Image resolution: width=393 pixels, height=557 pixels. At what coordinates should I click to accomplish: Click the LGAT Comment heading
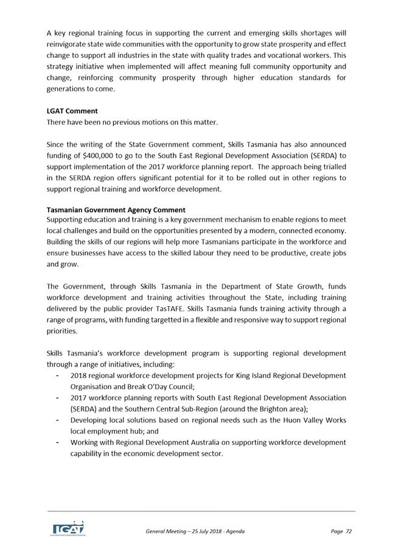point(72,111)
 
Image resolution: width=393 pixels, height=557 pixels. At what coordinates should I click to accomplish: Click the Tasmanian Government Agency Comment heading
point(116,210)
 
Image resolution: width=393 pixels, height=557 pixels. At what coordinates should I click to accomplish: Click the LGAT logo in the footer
point(68,527)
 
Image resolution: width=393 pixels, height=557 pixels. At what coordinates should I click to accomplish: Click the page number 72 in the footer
point(349,531)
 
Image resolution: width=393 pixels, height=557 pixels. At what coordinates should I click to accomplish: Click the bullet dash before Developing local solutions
point(57,419)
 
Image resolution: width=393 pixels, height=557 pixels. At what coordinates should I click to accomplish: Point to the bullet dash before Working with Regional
point(57,441)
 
